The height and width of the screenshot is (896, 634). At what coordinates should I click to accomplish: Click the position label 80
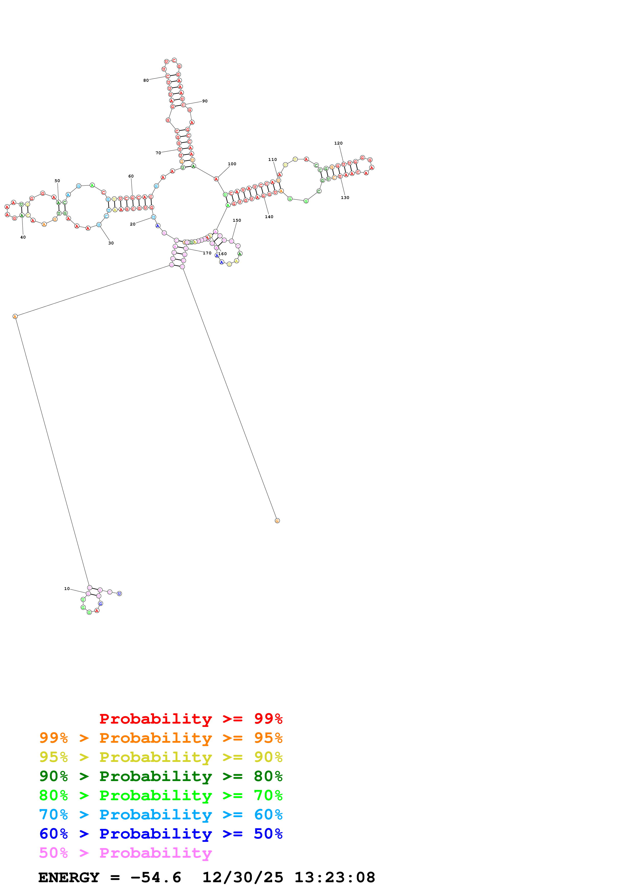pyautogui.click(x=146, y=80)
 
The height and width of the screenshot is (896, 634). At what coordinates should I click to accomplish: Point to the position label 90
pyautogui.click(x=205, y=101)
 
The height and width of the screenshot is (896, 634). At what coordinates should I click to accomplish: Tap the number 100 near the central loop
pyautogui.click(x=232, y=164)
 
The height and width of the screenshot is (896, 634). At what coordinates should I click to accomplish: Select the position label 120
pyautogui.click(x=338, y=143)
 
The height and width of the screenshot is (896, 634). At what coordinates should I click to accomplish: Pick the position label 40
pyautogui.click(x=23, y=237)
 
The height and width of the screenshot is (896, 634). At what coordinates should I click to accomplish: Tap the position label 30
pyautogui.click(x=111, y=243)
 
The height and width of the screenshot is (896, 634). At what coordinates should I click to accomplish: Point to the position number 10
pyautogui.click(x=67, y=588)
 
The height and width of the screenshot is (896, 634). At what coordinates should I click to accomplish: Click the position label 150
pyautogui.click(x=237, y=220)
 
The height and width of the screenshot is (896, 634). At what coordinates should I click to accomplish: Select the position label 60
pyautogui.click(x=131, y=176)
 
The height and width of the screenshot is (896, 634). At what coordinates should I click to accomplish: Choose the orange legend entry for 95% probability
pyautogui.click(x=161, y=738)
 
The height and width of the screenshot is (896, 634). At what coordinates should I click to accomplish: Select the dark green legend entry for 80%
pyautogui.click(x=161, y=776)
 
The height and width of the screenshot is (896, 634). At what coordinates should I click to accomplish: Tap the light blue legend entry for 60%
pyautogui.click(x=161, y=815)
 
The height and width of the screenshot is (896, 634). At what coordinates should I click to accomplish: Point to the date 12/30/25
pyautogui.click(x=243, y=877)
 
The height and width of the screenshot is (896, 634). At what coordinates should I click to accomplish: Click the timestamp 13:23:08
pyautogui.click(x=334, y=877)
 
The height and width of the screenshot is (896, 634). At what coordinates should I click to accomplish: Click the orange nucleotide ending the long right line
pyautogui.click(x=277, y=521)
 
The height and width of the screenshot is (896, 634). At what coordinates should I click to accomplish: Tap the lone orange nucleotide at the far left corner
pyautogui.click(x=15, y=316)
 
